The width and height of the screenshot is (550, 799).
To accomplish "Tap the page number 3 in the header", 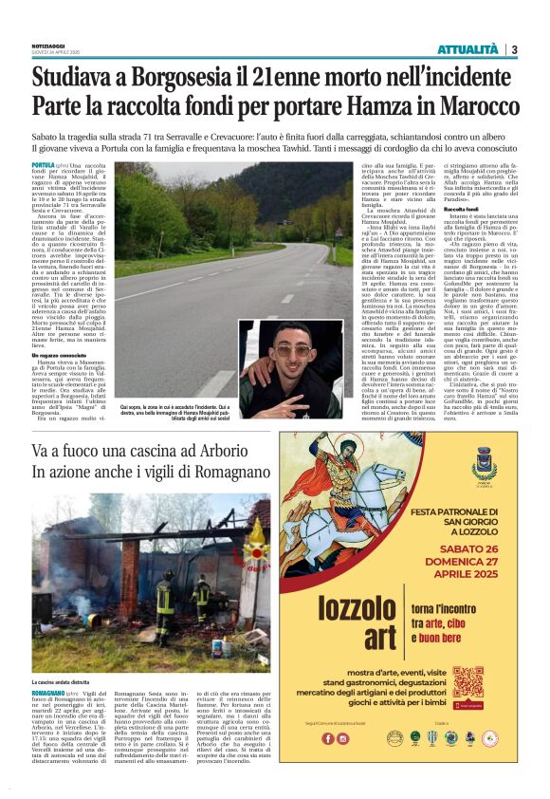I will [513, 49].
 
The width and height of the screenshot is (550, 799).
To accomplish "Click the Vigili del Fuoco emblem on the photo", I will [254, 536].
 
